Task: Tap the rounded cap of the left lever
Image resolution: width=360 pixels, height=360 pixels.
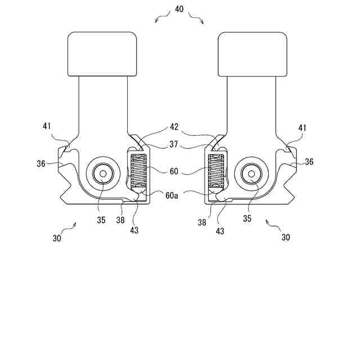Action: (103, 53)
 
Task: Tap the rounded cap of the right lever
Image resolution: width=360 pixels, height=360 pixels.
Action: (253, 53)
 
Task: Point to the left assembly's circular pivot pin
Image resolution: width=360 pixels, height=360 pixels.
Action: (103, 174)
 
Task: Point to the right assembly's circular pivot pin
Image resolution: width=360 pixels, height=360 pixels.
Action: (251, 174)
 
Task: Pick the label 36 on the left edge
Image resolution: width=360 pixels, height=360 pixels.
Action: (41, 163)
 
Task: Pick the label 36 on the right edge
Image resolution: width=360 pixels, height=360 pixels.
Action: (309, 162)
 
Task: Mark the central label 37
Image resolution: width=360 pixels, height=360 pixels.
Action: (174, 145)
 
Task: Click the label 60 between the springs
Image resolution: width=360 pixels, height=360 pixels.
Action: (174, 170)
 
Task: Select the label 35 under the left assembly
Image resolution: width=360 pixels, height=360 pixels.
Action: (101, 220)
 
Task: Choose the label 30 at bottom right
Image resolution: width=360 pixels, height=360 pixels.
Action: (285, 237)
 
